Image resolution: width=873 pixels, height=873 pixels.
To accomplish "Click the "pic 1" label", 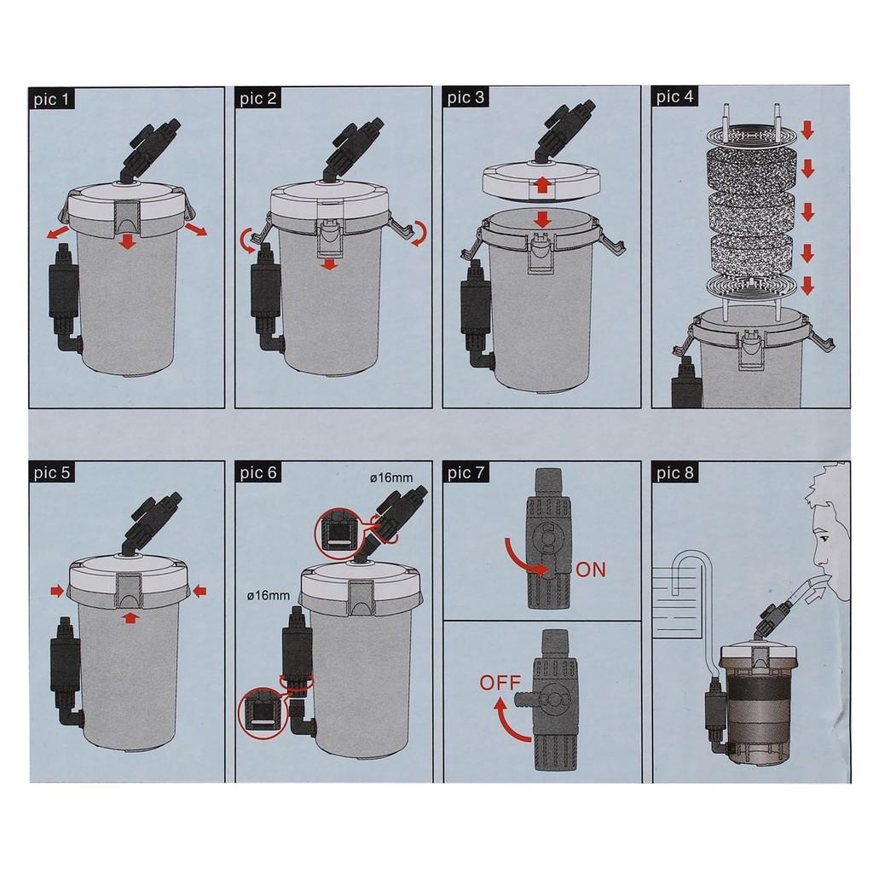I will tap(53, 100).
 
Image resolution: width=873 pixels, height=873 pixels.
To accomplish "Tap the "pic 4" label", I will tap(676, 98).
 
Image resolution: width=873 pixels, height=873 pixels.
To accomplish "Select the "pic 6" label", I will tap(260, 473).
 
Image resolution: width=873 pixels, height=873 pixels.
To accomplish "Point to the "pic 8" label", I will tap(676, 473).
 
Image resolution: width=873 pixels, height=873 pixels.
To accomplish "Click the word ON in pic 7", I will tap(591, 570).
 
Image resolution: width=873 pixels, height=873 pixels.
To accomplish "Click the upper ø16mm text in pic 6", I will tap(391, 478).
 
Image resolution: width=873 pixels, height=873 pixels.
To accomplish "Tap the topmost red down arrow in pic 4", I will tap(807, 130).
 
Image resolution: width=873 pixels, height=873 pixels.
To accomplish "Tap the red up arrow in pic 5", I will tap(128, 616).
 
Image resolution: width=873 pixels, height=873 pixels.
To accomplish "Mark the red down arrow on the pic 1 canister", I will tap(127, 243).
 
